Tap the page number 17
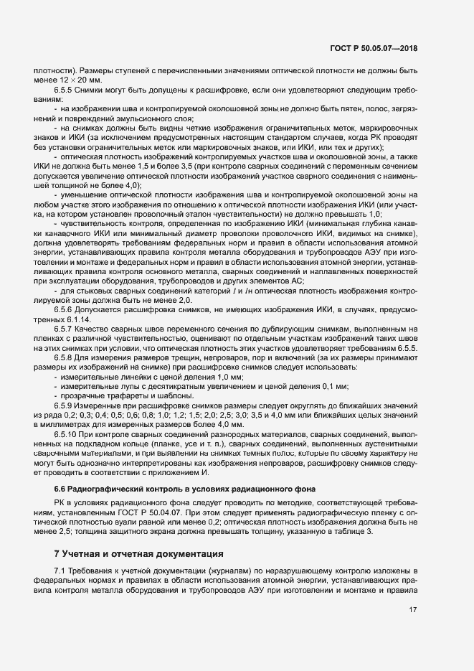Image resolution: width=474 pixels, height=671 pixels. (x=413, y=610)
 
